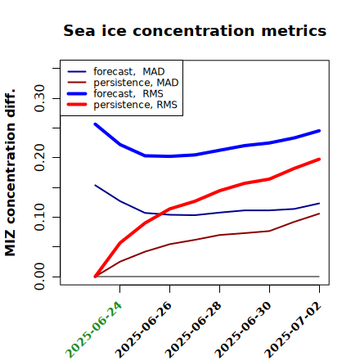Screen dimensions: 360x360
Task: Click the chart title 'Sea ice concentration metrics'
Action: [195, 31]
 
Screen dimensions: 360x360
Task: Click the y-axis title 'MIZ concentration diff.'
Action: [10, 173]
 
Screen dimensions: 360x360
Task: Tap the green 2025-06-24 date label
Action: [93, 330]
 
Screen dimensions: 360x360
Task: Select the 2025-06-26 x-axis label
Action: [143, 330]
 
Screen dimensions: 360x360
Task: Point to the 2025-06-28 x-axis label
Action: [193, 330]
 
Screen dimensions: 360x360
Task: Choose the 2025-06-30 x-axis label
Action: [243, 330]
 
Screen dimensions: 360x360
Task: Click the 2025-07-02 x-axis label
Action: [293, 330]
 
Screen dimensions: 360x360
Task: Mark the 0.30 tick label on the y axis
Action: [39, 98]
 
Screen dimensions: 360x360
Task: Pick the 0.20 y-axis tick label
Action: [39, 157]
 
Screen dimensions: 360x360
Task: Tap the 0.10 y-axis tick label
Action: [39, 217]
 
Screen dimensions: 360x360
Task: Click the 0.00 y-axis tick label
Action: [39, 277]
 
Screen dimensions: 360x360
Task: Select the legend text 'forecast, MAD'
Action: [129, 72]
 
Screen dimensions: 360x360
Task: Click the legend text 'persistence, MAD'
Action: [136, 83]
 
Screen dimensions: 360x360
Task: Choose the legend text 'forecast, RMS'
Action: [128, 94]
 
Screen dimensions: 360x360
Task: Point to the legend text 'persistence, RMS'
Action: [135, 105]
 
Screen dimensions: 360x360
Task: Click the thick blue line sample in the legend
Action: [77, 93]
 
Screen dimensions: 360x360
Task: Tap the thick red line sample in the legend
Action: [77, 105]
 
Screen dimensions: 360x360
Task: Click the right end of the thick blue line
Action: [319, 131]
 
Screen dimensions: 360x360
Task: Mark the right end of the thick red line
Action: [319, 160]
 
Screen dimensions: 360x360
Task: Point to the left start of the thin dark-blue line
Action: [95, 185]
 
